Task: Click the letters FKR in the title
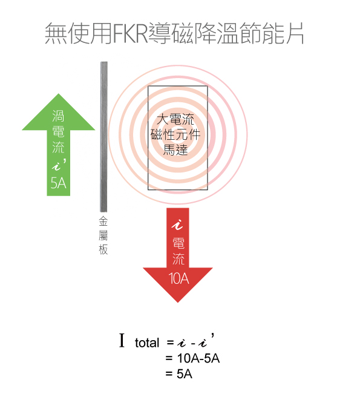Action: pos(130,33)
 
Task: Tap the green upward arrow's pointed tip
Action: pos(59,94)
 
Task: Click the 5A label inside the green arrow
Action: pos(58,183)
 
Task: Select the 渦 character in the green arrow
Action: pos(58,116)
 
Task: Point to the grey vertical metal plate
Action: pos(103,137)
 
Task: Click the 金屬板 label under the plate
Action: pos(103,235)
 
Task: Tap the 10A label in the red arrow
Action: pos(178,278)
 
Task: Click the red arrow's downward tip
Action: pos(178,302)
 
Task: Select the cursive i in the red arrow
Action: pos(178,225)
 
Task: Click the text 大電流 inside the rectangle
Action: pos(175,119)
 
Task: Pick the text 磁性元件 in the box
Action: pos(175,134)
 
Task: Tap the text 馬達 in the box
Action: pos(175,149)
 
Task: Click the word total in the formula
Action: pos(147,343)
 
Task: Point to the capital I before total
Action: pos(122,340)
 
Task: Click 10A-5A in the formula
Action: pos(198,358)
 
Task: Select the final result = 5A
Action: pos(179,374)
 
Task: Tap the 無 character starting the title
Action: pos(56,33)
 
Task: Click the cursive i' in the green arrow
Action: pos(59,165)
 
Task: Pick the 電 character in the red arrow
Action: pos(178,243)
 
